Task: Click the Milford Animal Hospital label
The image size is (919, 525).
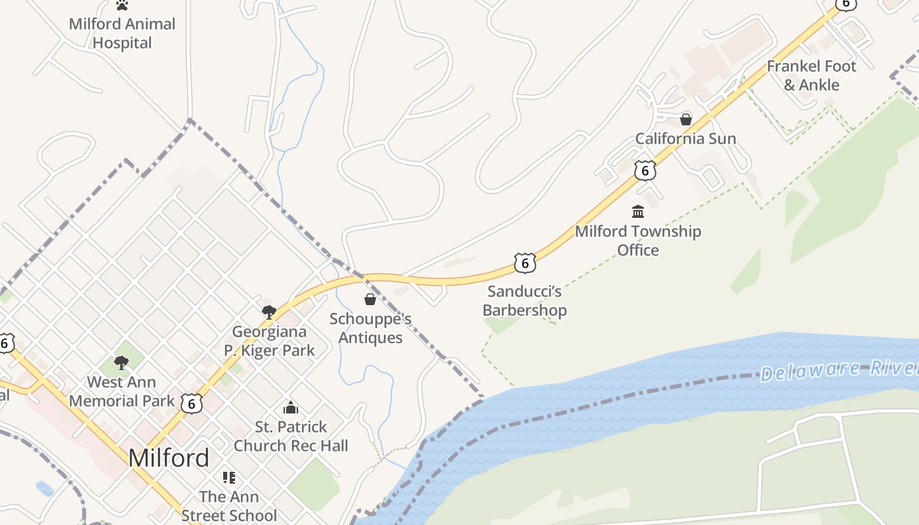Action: tap(122, 33)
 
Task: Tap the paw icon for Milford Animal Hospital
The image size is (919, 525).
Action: tap(122, 5)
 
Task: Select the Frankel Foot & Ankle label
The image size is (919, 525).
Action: tap(811, 75)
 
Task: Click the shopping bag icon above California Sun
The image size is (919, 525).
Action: tap(686, 119)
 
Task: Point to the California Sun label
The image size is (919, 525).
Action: tap(686, 138)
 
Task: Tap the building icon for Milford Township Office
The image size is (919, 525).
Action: tap(638, 211)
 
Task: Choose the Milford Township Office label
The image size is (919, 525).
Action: tap(638, 240)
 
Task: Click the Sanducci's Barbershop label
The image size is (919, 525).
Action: tap(524, 301)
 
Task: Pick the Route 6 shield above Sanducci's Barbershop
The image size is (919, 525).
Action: tap(524, 263)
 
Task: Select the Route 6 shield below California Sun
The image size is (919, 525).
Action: tap(645, 171)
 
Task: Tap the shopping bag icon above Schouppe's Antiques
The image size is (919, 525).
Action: tap(370, 299)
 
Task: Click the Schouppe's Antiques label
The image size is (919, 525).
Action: tap(370, 328)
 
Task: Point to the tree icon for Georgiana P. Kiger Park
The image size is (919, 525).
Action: tap(268, 312)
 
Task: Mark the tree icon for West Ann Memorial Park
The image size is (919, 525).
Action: tap(121, 362)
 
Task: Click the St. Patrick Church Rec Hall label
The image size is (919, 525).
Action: tap(291, 436)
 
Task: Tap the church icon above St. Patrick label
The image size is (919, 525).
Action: tap(291, 408)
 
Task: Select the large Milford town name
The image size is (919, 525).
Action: tap(169, 457)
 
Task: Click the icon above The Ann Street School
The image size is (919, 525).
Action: tap(228, 477)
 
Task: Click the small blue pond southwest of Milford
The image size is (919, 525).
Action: tap(45, 488)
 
